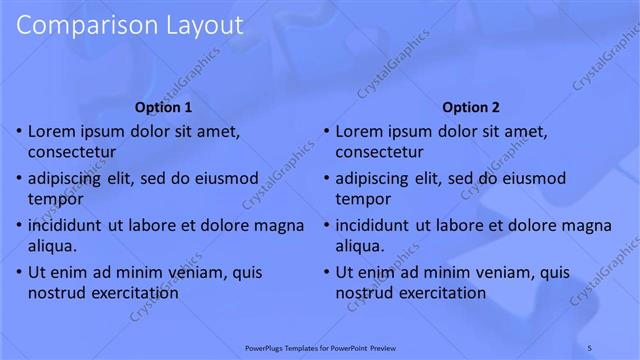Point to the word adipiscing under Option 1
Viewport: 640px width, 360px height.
(67, 179)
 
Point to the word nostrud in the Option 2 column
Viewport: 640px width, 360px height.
(364, 293)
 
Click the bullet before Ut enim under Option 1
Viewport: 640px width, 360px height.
(18, 272)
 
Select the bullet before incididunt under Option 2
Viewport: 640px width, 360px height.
(326, 225)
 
